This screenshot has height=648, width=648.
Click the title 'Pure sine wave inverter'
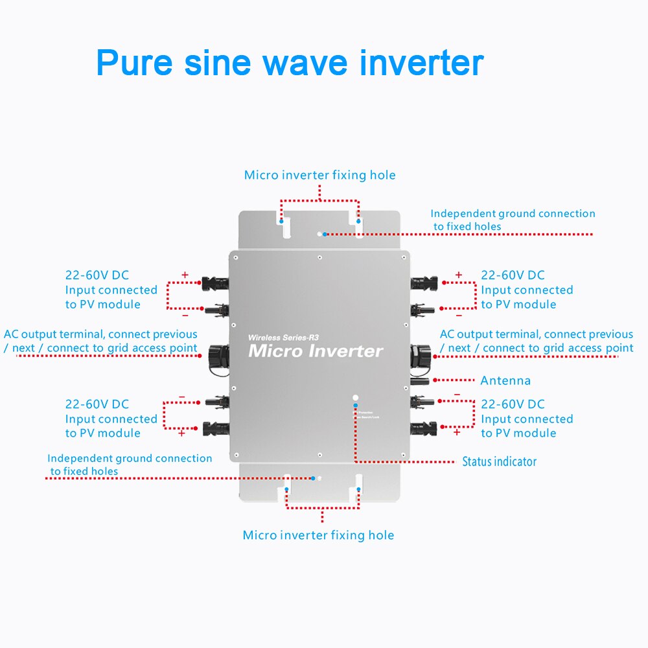pos(290,62)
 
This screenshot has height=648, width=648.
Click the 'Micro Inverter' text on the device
pos(316,351)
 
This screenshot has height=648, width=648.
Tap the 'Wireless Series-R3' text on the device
pos(284,338)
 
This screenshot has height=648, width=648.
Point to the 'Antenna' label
pos(505,380)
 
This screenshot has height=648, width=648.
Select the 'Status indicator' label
pos(499,462)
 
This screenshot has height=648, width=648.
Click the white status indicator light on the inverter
pos(354,397)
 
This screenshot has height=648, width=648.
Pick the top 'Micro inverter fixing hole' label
pos(319,175)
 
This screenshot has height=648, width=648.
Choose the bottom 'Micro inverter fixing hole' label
pos(318,535)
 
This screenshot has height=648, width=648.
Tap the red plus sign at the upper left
pos(185,275)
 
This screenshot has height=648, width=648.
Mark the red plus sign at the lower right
pos(457,432)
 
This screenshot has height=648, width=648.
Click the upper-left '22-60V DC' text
pos(97,275)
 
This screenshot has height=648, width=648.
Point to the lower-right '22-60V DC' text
pos(513,404)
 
